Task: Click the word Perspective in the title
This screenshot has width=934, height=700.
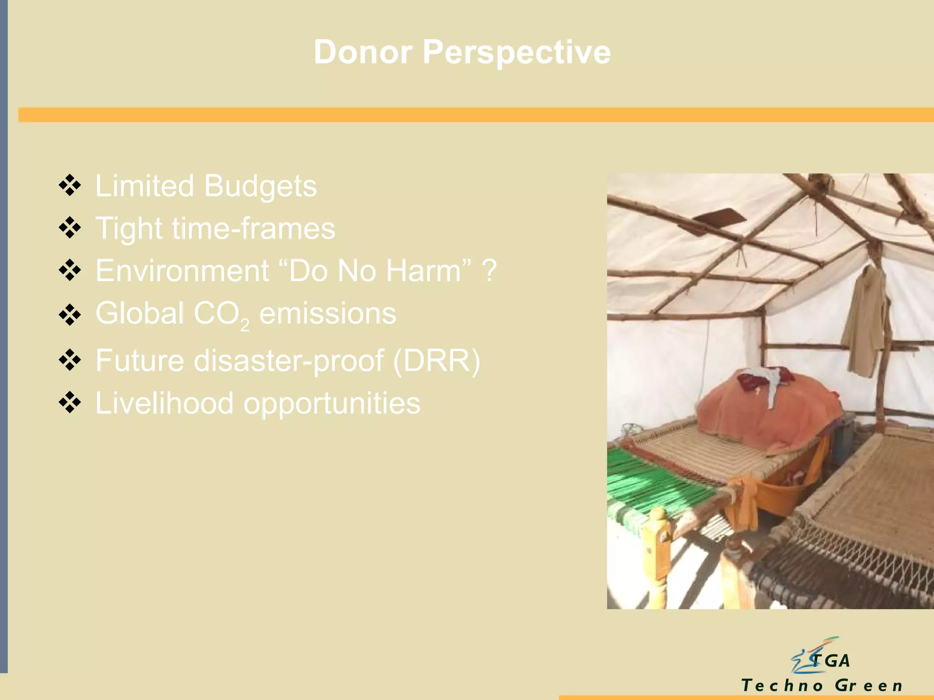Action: coord(516,52)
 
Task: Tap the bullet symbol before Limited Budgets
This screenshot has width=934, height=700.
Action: coord(70,185)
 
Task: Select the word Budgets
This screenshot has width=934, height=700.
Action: coord(260,186)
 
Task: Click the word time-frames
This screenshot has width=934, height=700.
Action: coord(253,228)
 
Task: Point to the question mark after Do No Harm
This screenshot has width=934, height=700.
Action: coord(489,271)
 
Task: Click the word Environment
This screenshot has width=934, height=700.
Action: coord(182,271)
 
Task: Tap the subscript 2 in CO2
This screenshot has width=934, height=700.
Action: coord(245,324)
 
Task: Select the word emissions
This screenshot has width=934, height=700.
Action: coord(327,314)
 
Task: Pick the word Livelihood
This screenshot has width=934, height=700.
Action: coord(164,403)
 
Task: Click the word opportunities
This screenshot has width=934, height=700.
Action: coord(332,403)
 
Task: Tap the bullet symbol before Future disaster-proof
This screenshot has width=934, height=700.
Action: coord(70,360)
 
